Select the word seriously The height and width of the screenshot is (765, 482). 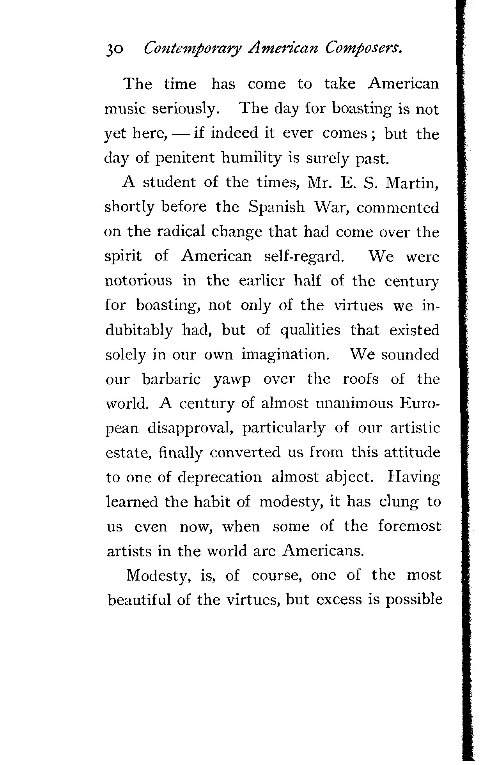(183, 109)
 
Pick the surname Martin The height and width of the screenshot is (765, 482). (412, 183)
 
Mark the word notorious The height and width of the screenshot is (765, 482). (138, 281)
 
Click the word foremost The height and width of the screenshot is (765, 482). (409, 527)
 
